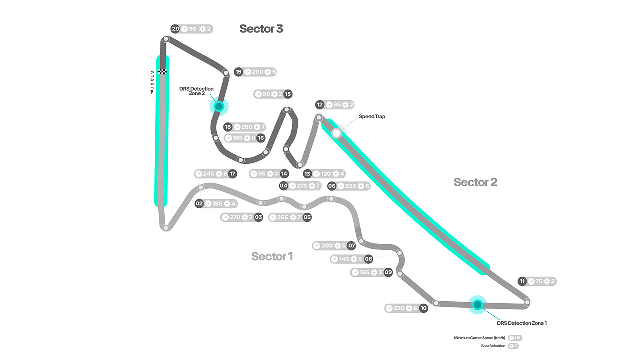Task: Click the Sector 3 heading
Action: [x=261, y=29]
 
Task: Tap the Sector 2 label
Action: [x=475, y=182]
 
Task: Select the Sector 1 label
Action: [x=272, y=257]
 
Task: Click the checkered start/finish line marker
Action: [x=162, y=72]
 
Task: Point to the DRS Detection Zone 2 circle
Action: [x=219, y=106]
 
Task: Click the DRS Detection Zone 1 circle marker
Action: [x=477, y=304]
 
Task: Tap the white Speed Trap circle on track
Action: [x=336, y=133]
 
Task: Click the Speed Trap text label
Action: [x=372, y=116]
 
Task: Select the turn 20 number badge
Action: [x=175, y=29]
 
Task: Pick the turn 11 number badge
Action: [x=522, y=281]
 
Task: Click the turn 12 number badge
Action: [x=320, y=105]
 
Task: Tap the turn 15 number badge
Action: [x=288, y=94]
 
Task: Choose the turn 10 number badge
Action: [x=423, y=308]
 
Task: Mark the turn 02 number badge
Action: [x=199, y=204]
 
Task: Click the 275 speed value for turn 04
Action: [x=302, y=186]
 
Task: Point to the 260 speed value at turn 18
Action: [x=246, y=127]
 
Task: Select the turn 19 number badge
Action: [x=239, y=72]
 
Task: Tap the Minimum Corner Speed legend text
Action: [x=480, y=338]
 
